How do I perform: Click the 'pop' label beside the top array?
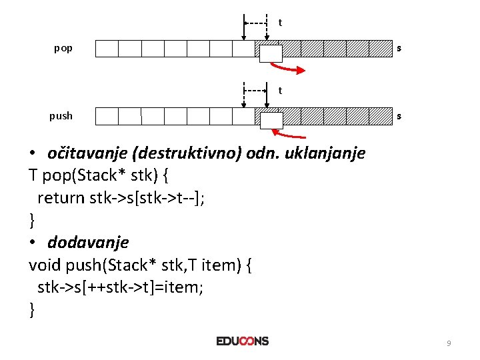[63, 49]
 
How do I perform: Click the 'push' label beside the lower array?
[61, 116]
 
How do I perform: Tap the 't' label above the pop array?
[280, 23]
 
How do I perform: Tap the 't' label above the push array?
[280, 90]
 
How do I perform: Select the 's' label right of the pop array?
[399, 49]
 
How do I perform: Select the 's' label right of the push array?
[399, 116]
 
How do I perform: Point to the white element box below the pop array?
[270, 53]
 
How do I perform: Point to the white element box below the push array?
[270, 121]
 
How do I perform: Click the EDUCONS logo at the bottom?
[243, 341]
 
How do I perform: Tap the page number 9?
[449, 343]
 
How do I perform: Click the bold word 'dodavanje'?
[87, 243]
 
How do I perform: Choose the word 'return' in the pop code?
[61, 198]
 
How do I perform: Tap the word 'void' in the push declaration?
[45, 265]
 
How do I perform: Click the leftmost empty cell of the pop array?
[107, 49]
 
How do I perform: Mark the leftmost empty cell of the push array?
[107, 116]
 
